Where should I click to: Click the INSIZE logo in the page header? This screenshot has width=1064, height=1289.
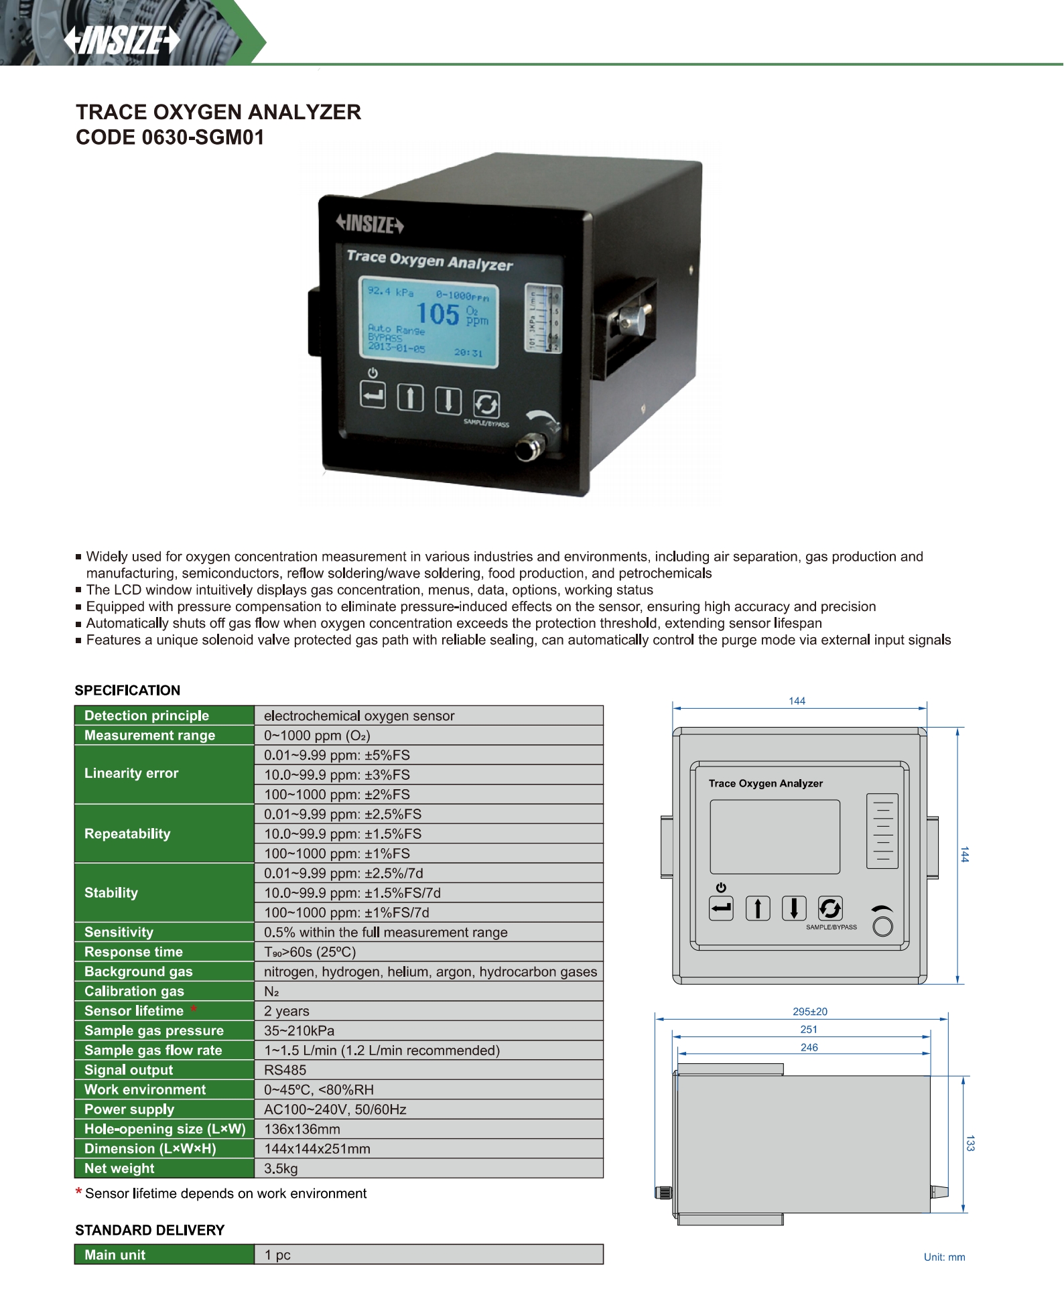point(122,40)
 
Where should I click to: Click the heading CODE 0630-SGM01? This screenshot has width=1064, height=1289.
point(170,137)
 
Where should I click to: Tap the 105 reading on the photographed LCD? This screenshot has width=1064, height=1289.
point(438,314)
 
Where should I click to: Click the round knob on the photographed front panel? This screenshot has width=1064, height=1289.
point(529,447)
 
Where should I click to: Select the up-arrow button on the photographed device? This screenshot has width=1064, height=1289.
point(410,398)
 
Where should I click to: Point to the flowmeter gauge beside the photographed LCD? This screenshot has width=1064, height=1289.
point(543,318)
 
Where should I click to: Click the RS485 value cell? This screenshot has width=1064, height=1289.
point(285,1070)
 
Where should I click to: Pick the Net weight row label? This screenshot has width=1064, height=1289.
point(119,1168)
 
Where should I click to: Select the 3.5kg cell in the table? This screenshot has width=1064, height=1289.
point(281,1168)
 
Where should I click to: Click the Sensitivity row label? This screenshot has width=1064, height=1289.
point(119,932)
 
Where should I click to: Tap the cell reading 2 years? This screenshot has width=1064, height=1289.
point(287,1011)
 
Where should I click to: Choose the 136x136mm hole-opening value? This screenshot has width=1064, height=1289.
point(302,1129)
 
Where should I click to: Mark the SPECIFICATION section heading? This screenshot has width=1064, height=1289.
point(127,690)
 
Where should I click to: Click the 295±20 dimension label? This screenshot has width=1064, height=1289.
point(810,1012)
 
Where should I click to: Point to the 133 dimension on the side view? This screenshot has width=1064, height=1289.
point(970,1143)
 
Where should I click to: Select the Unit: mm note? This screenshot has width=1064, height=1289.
point(944,1257)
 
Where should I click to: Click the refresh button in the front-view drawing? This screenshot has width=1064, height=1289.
point(830,908)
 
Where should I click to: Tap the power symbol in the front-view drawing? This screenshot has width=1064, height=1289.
point(721,888)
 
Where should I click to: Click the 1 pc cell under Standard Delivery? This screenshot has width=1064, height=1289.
point(277,1255)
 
